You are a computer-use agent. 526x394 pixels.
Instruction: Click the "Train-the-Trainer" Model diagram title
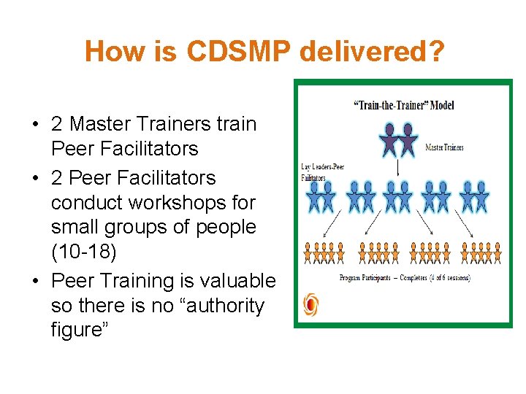[x=404, y=104]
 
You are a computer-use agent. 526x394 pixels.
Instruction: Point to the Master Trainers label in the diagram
[x=444, y=147]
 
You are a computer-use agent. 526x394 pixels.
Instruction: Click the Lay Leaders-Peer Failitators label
[x=322, y=172]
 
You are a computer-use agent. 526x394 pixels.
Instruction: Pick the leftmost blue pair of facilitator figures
[x=322, y=196]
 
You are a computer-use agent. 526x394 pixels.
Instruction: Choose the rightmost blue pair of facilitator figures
[x=475, y=196]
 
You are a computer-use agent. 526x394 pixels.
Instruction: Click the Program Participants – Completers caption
[x=405, y=278]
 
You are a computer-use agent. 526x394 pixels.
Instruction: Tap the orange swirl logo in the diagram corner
[x=310, y=304]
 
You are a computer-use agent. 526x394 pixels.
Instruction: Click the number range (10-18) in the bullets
[x=84, y=252]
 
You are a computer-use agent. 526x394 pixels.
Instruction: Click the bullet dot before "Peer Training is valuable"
[x=36, y=282]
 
